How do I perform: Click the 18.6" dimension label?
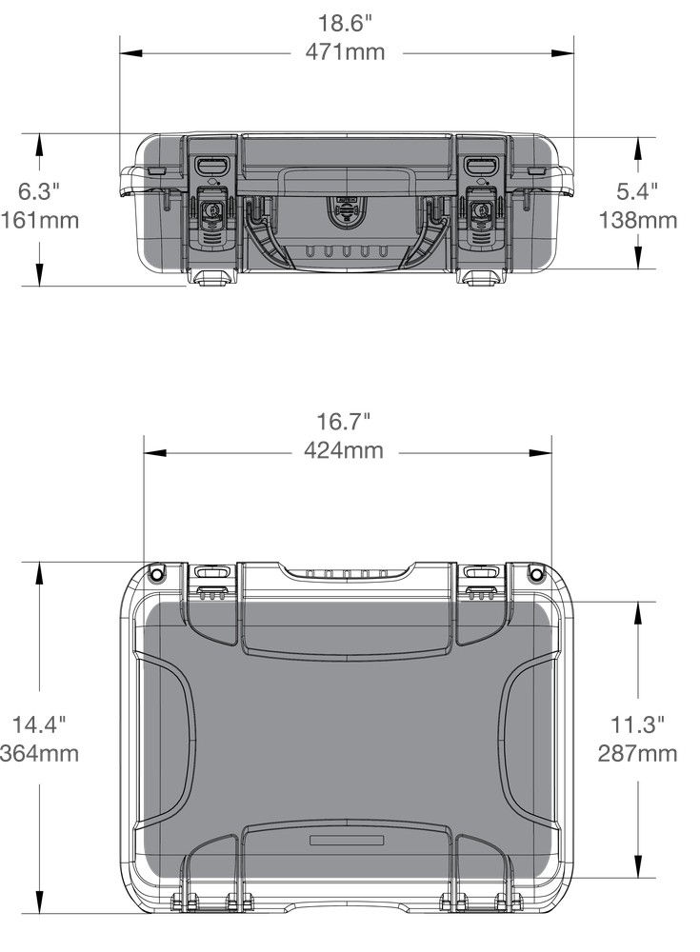(345, 20)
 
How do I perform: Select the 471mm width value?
(345, 51)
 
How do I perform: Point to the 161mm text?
(40, 221)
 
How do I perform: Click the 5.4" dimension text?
(637, 190)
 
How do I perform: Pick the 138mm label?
(637, 221)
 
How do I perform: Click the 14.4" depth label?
(39, 724)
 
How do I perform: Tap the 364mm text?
(40, 754)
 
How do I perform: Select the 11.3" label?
(637, 724)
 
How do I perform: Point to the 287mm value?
(637, 754)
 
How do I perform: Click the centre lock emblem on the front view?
(347, 210)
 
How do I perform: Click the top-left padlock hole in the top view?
(157, 572)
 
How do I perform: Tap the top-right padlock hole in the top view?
(536, 572)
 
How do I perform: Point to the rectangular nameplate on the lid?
(347, 841)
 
